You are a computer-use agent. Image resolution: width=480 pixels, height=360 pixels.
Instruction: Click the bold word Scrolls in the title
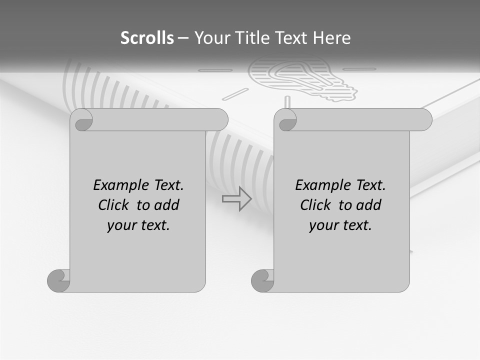coord(147,38)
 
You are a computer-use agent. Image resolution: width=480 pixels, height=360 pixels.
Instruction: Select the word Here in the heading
coord(332,38)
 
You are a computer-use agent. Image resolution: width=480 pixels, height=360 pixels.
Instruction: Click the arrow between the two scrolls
coord(236,198)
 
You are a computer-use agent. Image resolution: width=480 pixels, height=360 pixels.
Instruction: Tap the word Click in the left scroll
coord(115,205)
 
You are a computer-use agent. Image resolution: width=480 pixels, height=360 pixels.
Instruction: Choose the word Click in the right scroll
coord(317,205)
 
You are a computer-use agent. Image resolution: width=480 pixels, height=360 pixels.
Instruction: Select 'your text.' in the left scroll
coord(138,225)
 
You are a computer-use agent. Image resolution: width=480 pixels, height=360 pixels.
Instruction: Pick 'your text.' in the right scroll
coord(340,225)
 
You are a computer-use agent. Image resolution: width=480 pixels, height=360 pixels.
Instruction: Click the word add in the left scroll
coord(166,205)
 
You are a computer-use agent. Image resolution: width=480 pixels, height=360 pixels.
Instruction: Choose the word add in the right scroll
coord(368,205)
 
